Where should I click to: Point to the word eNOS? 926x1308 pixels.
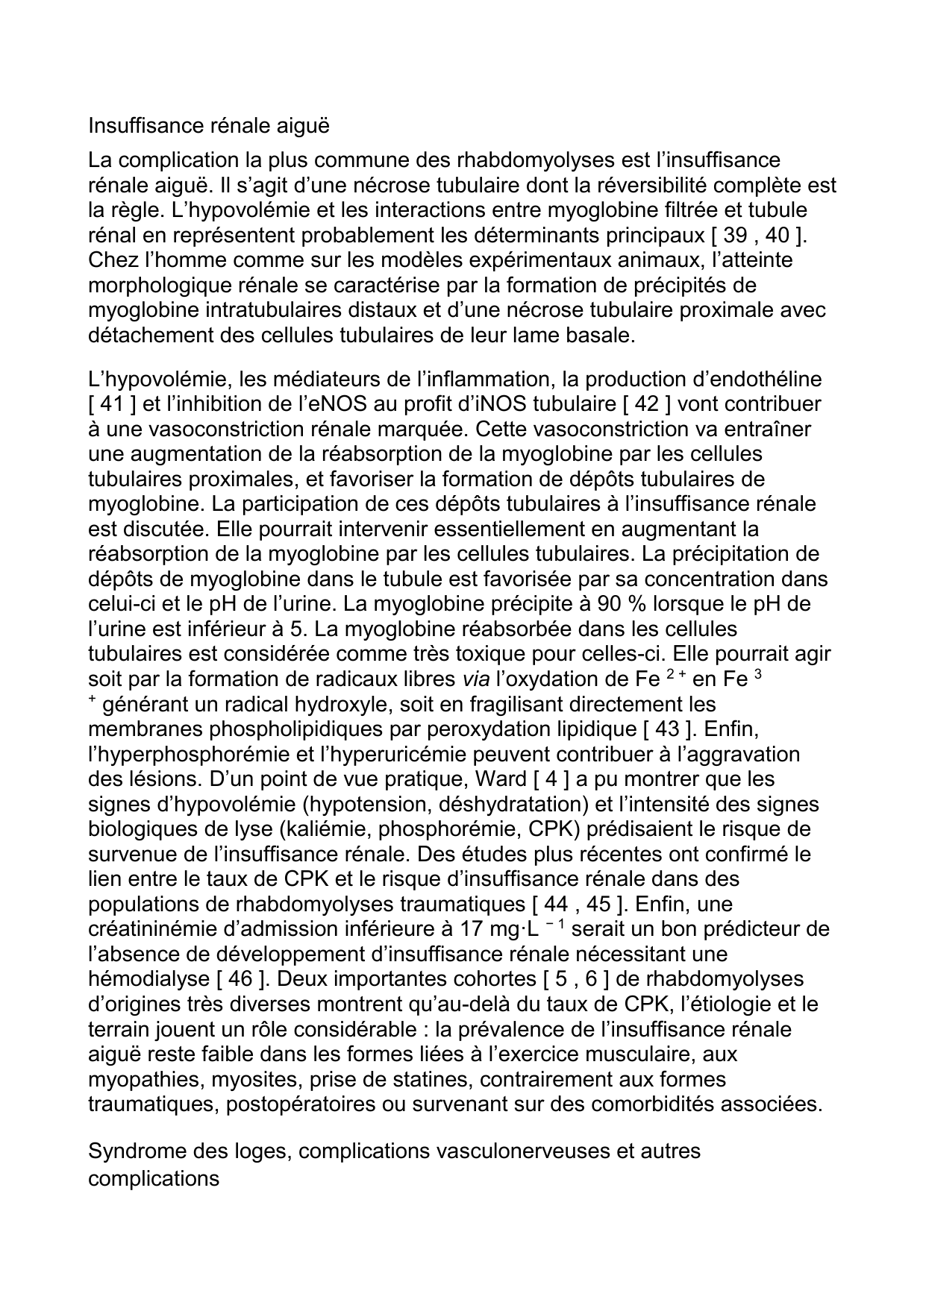pos(311,404)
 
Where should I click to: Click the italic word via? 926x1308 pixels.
pos(472,679)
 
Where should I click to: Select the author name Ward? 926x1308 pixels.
pos(500,779)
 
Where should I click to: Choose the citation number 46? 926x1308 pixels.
pos(238,979)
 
